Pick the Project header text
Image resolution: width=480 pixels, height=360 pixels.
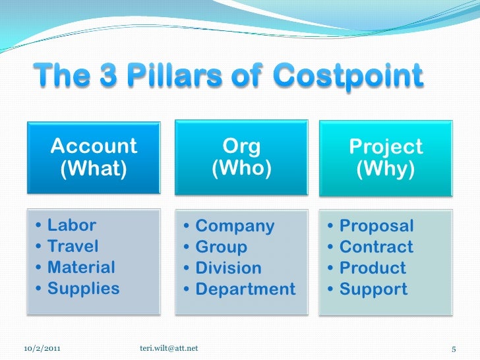click(x=386, y=146)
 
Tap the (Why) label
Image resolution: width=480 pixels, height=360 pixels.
click(x=386, y=171)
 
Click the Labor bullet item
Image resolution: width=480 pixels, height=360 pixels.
click(x=71, y=225)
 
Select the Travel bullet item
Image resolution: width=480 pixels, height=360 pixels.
click(x=73, y=247)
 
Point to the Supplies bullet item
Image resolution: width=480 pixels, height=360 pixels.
click(x=83, y=288)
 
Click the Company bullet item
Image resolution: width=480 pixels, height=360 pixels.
click(x=235, y=226)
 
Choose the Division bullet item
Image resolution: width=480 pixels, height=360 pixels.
click(x=228, y=268)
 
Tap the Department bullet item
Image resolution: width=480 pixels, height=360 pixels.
click(x=245, y=289)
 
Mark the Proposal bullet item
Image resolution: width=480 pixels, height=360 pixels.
click(x=376, y=226)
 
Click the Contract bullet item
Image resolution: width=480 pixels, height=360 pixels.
click(x=376, y=247)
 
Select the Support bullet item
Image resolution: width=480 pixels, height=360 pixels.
click(x=373, y=289)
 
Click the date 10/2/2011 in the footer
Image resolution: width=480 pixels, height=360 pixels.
click(x=45, y=347)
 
